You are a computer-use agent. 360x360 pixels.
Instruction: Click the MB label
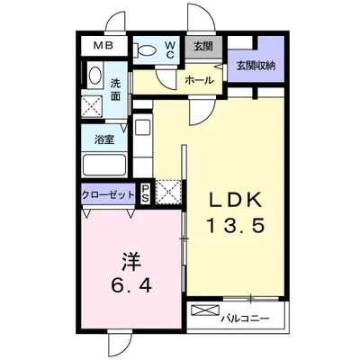pyautogui.click(x=103, y=46)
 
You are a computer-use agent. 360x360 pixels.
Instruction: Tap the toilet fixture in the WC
pyautogui.click(x=144, y=49)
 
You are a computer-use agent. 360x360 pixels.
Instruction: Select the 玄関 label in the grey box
pyautogui.click(x=202, y=47)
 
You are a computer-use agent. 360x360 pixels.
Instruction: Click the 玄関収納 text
pyautogui.click(x=256, y=66)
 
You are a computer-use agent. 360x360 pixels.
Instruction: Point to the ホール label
pyautogui.click(x=200, y=80)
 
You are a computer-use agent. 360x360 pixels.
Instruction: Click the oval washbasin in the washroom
pyautogui.click(x=95, y=75)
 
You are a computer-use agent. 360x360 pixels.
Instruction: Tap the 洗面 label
pyautogui.click(x=115, y=89)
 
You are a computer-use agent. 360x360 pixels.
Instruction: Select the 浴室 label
pyautogui.click(x=104, y=139)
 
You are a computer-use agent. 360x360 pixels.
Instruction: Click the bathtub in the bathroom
pyautogui.click(x=104, y=165)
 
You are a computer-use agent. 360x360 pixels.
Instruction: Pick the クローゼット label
pyautogui.click(x=108, y=195)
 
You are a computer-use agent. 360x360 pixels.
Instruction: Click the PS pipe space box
pyautogui.click(x=146, y=194)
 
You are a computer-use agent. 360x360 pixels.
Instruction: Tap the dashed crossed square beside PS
pyautogui.click(x=168, y=192)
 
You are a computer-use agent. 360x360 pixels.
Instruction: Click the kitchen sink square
pyautogui.click(x=141, y=127)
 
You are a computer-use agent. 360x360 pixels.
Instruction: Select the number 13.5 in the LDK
pyautogui.click(x=236, y=226)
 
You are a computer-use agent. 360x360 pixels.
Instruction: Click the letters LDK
pyautogui.click(x=236, y=200)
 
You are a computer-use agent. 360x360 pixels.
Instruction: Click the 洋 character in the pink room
pyautogui.click(x=131, y=260)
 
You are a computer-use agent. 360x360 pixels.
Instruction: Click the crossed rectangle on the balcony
pyautogui.click(x=205, y=310)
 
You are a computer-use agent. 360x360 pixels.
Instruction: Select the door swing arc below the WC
pyautogui.click(x=166, y=78)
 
